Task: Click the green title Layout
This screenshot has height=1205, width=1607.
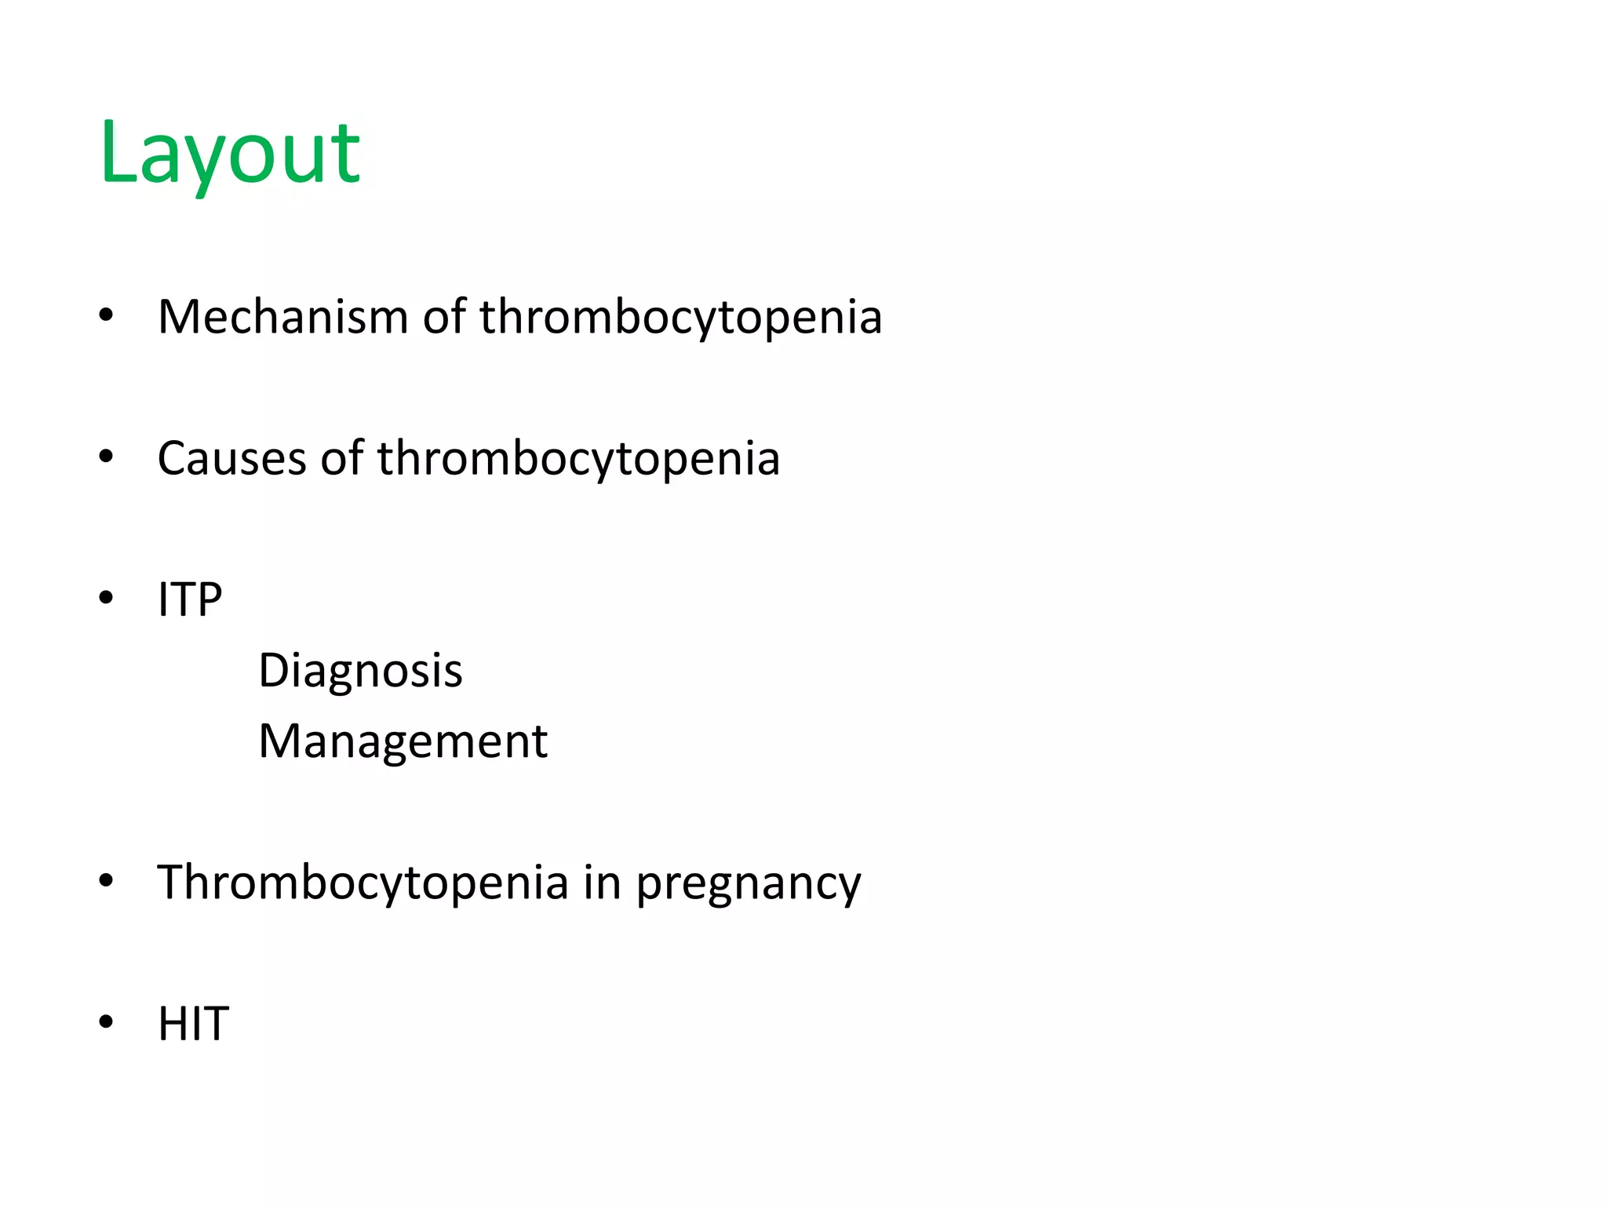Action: coord(229,153)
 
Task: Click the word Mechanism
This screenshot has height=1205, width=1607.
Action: coord(282,317)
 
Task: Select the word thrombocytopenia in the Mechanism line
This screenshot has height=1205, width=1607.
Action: coord(681,319)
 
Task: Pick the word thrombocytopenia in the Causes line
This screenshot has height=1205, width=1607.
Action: coord(578,460)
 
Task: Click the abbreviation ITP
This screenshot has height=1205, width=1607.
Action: coord(190,600)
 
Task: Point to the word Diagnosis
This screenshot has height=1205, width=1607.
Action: coord(360,672)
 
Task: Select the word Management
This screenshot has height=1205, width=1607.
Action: coord(403,741)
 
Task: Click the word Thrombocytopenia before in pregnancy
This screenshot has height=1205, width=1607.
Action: coord(363,883)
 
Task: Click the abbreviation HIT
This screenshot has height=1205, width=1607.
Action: coord(193,1024)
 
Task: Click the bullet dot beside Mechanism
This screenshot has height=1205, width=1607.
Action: coord(106,315)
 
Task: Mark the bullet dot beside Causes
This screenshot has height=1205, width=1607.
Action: coord(106,457)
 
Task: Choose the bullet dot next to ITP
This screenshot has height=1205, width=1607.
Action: coord(106,599)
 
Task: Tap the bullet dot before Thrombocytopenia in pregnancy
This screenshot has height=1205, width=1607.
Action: coord(106,881)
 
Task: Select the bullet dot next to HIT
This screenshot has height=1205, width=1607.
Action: coord(106,1022)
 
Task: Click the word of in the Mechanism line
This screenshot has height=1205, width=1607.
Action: coord(444,317)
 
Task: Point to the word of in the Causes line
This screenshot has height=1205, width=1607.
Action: coord(341,458)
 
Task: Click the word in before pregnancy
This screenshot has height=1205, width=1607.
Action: coord(602,882)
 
